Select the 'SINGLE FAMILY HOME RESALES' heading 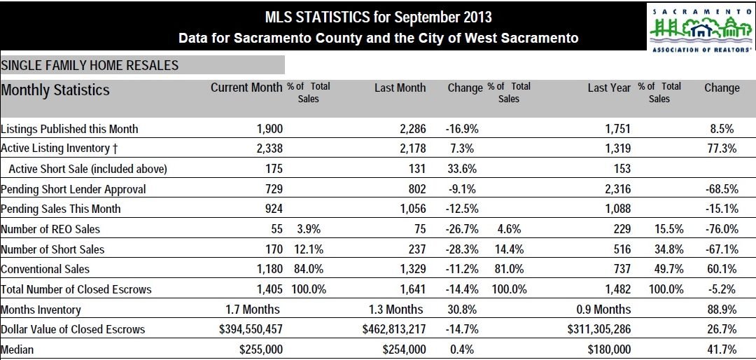[90, 66]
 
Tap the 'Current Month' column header [247, 88]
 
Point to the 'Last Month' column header [400, 88]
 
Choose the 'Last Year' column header [609, 88]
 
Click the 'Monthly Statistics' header [55, 90]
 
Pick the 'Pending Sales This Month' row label [61, 209]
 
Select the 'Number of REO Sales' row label [50, 229]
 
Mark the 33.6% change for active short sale [461, 169]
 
